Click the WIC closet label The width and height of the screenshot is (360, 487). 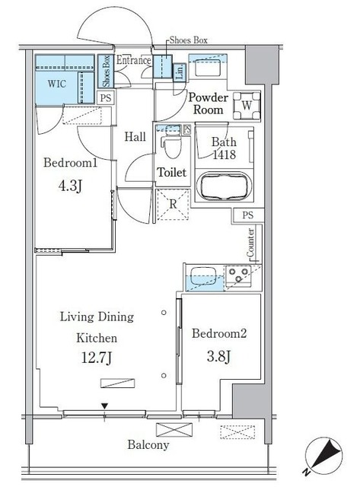[57, 84]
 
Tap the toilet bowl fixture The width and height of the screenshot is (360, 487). [170, 145]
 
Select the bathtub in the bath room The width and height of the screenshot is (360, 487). [224, 186]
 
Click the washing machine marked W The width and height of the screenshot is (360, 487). [247, 106]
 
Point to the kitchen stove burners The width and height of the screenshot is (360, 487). [238, 275]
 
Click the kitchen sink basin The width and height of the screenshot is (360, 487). [204, 276]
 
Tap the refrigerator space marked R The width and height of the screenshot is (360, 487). [173, 205]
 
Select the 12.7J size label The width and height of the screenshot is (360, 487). [97, 358]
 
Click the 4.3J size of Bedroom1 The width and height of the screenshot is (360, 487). [70, 186]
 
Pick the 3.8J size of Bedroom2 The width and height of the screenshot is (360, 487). [218, 357]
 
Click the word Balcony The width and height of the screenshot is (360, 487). [148, 445]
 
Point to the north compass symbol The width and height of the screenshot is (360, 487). [323, 457]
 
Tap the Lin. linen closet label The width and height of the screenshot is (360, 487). [180, 72]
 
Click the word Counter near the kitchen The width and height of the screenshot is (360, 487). [250, 243]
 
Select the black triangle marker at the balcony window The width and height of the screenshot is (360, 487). [105, 406]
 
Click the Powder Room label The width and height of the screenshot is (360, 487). [208, 103]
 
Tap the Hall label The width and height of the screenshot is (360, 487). [135, 137]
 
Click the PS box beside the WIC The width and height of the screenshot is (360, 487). [106, 98]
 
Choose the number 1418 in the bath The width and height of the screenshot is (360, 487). [225, 154]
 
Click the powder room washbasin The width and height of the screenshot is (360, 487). [208, 69]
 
